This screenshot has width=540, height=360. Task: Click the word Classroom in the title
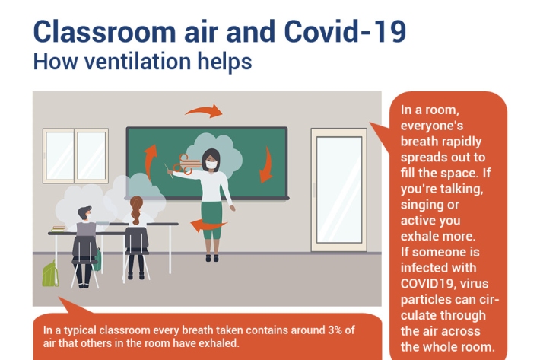[x=104, y=32]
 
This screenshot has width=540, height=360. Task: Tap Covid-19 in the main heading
[x=345, y=32]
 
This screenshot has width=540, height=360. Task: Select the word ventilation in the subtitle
[x=138, y=62]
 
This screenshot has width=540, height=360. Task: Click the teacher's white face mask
[x=211, y=164]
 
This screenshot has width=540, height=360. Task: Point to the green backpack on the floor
[x=50, y=273]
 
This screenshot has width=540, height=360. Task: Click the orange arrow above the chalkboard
[x=204, y=111]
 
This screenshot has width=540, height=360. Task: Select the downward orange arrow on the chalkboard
[x=266, y=165]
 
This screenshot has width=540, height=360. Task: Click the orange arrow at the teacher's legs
[x=208, y=225]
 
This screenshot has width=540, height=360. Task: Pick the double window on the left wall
[x=75, y=155]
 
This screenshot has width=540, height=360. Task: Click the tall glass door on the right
[x=339, y=190]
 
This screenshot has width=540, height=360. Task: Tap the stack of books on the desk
[x=59, y=229]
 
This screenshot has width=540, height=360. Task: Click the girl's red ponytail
[x=136, y=210]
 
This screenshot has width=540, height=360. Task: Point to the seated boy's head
[x=84, y=214]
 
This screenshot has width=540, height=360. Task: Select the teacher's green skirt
[x=212, y=220]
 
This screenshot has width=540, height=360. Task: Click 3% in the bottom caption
[x=335, y=330]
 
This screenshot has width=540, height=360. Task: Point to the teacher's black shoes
[x=212, y=258]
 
